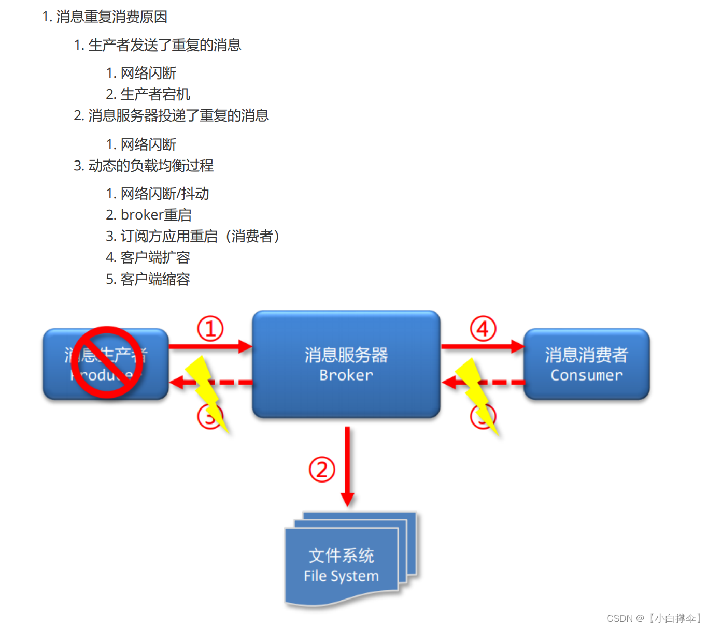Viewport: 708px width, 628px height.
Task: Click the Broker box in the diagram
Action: [346, 364]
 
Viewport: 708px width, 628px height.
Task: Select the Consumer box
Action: [586, 364]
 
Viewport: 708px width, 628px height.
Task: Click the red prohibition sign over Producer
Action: [107, 362]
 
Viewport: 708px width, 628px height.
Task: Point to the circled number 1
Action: [210, 329]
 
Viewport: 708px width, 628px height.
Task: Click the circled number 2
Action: [322, 470]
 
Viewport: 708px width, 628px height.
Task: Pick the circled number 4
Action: [483, 329]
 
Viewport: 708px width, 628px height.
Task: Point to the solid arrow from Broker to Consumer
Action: [482, 346]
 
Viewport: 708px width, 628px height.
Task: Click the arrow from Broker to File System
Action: [347, 466]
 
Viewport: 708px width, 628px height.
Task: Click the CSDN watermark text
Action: [653, 618]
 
